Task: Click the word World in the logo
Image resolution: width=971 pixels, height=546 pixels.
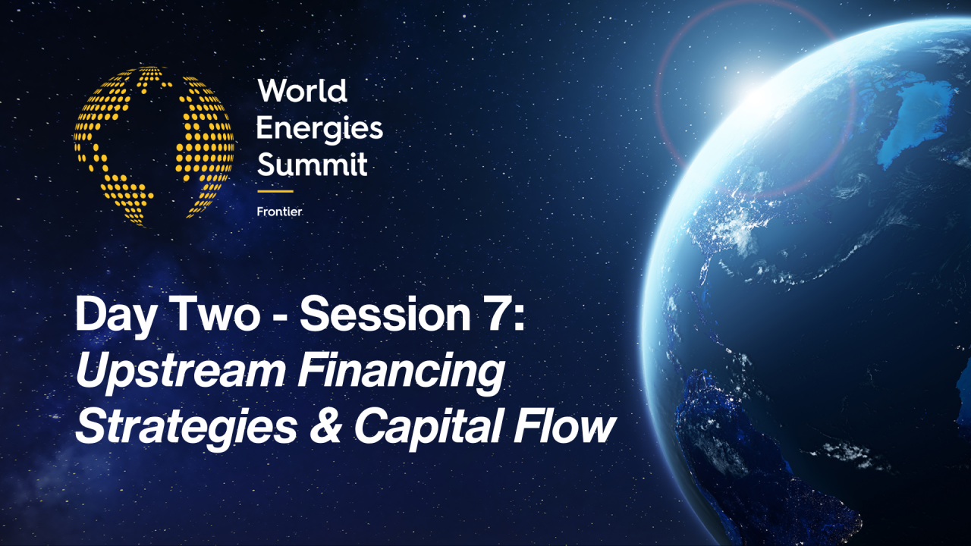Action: click(302, 91)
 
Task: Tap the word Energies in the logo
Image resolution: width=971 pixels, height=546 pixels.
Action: click(319, 128)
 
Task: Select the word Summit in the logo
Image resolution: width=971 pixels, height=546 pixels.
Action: click(312, 164)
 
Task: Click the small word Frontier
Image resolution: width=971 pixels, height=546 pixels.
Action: click(279, 212)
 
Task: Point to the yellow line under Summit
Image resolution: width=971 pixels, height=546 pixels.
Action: click(275, 191)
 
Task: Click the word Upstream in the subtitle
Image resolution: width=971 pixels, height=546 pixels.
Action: click(180, 373)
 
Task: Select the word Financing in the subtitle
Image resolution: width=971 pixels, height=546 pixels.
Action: click(401, 373)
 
